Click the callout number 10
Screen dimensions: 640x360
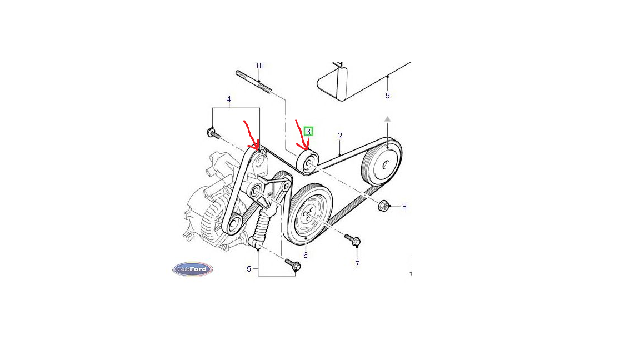pyautogui.click(x=259, y=66)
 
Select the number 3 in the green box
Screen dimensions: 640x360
pyautogui.click(x=308, y=132)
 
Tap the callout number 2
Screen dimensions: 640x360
pyautogui.click(x=340, y=136)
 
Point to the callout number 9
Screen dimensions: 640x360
pyautogui.click(x=388, y=96)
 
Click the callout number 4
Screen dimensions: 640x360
pyautogui.click(x=228, y=99)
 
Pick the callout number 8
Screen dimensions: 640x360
pyautogui.click(x=404, y=207)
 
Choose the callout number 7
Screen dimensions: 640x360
pyautogui.click(x=357, y=264)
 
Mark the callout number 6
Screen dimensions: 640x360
pyautogui.click(x=306, y=256)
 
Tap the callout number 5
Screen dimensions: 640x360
pyautogui.click(x=248, y=269)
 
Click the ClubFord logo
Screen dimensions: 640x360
pyautogui.click(x=193, y=269)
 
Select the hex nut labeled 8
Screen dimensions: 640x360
pyautogui.click(x=383, y=206)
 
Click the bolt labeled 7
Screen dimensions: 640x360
pyautogui.click(x=353, y=239)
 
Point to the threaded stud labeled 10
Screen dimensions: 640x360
pyautogui.click(x=253, y=82)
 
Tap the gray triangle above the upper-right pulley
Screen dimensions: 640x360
pyautogui.click(x=387, y=119)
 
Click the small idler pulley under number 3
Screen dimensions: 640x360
pyautogui.click(x=308, y=162)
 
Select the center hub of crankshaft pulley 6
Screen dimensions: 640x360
pyautogui.click(x=309, y=212)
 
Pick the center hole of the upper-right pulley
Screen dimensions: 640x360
pyautogui.click(x=386, y=164)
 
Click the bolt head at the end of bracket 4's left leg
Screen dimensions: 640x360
pyautogui.click(x=211, y=132)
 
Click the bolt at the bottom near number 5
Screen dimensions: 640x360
pyautogui.click(x=293, y=264)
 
